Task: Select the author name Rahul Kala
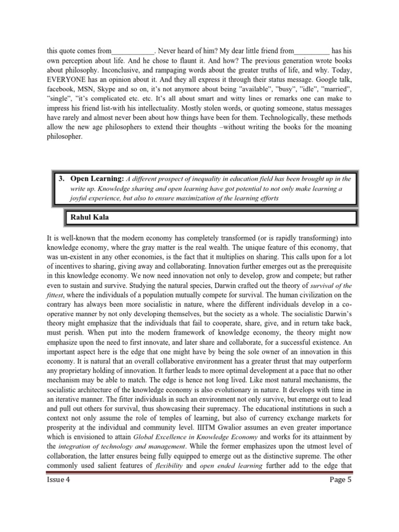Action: tap(87, 217)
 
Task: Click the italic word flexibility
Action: tap(168, 465)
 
